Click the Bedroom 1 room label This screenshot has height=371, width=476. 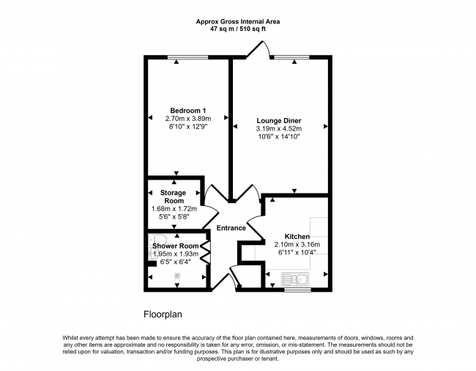[x=188, y=111]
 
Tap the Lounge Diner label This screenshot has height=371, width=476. [x=279, y=121]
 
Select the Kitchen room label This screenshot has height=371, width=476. [x=297, y=236]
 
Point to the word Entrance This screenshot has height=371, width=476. [x=231, y=228]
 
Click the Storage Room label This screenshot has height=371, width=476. [x=174, y=196]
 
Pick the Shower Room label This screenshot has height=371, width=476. [x=176, y=246]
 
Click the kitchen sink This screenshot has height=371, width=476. [x=295, y=279]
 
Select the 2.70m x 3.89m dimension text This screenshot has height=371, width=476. [x=188, y=119]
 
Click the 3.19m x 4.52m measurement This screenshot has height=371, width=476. [x=279, y=128]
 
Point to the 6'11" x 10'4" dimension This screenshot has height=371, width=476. [x=297, y=252]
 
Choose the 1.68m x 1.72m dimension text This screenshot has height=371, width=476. [x=174, y=209]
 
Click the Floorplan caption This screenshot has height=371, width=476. [x=163, y=315]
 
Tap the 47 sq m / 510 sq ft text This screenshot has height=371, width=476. [x=238, y=29]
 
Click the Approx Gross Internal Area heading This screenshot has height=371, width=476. [x=238, y=21]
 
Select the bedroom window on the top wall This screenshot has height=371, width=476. [x=188, y=57]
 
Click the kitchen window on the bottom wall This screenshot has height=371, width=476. [x=297, y=290]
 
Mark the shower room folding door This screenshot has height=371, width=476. [x=207, y=252]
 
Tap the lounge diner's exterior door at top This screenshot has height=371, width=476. [x=258, y=49]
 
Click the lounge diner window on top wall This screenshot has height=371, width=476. [x=291, y=57]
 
